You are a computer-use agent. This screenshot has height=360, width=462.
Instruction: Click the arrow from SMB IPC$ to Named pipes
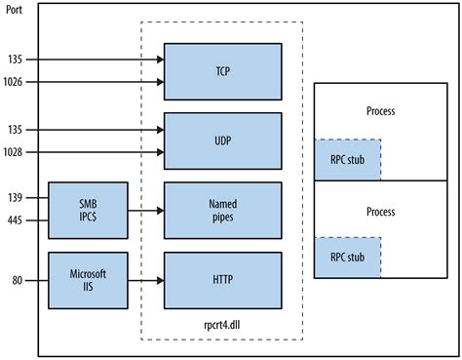(145, 208)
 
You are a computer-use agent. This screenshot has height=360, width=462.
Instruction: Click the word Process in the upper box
(382, 112)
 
